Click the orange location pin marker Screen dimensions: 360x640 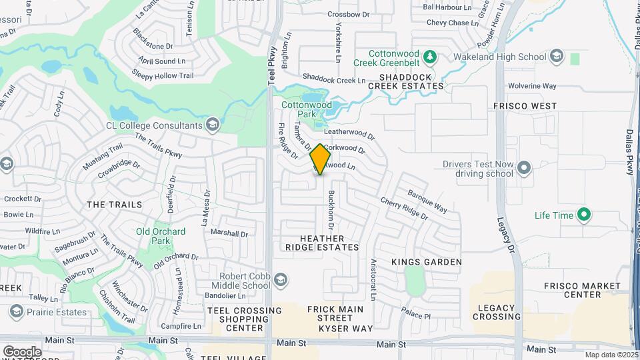tap(321, 159)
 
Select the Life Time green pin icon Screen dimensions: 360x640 tap(585, 215)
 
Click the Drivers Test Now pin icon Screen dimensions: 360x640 tap(524, 168)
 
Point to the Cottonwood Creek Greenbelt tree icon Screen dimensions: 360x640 tap(431, 57)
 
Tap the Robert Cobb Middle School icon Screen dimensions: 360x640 tap(281, 279)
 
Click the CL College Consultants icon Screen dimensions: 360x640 tap(212, 125)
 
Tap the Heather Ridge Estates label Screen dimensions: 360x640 tap(323, 243)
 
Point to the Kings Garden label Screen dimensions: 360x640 tap(427, 262)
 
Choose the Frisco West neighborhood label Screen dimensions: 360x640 tap(525, 106)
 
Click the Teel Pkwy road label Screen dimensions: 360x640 tap(271, 69)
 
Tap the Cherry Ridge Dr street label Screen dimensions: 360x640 tap(404, 207)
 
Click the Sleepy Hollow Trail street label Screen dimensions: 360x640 tap(163, 75)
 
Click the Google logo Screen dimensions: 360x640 tap(22, 351)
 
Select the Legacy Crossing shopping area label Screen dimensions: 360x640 tap(497, 312)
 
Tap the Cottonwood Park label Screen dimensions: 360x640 tap(306, 109)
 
